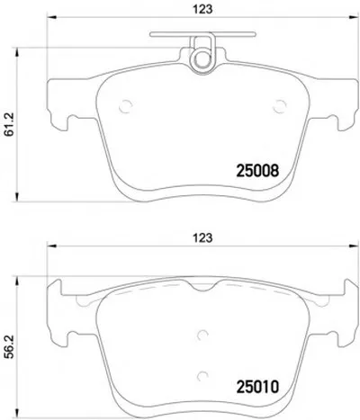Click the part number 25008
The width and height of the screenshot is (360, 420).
coord(257,171)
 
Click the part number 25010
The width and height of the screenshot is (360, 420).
coord(257,387)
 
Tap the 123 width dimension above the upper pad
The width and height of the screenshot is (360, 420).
coord(202,9)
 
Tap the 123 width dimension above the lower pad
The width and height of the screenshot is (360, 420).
coord(202,237)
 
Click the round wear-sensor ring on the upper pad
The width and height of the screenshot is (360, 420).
coord(202,58)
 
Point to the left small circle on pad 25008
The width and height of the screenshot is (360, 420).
coord(126,106)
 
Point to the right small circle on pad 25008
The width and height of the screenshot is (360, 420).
coord(280,106)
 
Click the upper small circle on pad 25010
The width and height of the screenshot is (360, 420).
coord(202,335)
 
